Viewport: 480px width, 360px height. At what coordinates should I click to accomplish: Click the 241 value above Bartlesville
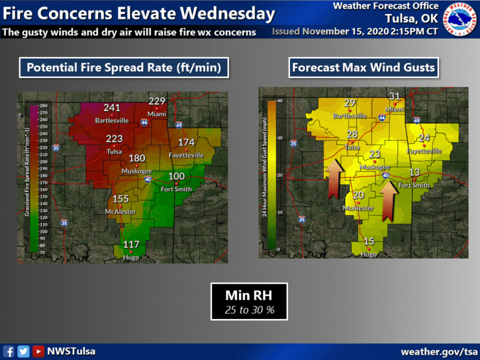pyautogui.click(x=112, y=108)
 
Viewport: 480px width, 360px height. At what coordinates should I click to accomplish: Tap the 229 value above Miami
pyautogui.click(x=156, y=101)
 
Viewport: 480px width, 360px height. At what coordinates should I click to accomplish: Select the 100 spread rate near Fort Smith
pyautogui.click(x=176, y=176)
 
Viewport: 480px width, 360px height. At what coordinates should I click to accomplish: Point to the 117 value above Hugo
pyautogui.click(x=131, y=244)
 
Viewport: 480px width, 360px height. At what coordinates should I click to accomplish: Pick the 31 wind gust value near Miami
pyautogui.click(x=395, y=97)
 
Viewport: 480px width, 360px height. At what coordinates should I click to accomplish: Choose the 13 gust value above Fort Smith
pyautogui.click(x=414, y=173)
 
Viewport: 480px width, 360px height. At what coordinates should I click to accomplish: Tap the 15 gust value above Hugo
pyautogui.click(x=369, y=242)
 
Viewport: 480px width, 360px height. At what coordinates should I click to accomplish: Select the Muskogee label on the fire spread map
pyautogui.click(x=136, y=171)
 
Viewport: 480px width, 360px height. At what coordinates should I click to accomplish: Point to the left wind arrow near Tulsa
pyautogui.click(x=334, y=179)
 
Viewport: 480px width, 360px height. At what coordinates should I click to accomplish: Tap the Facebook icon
pyautogui.click(x=9, y=351)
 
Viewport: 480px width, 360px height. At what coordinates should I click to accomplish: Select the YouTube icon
pyautogui.click(x=38, y=351)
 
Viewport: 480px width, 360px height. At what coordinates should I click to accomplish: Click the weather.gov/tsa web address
pyautogui.click(x=439, y=351)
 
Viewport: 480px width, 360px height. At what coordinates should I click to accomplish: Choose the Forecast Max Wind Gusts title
pyautogui.click(x=363, y=67)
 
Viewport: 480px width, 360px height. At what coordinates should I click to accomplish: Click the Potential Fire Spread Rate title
pyautogui.click(x=124, y=67)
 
